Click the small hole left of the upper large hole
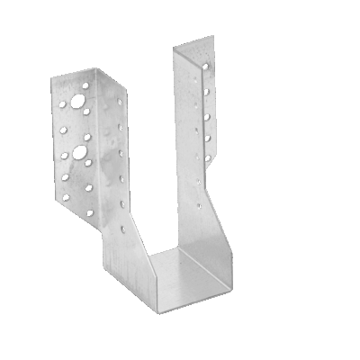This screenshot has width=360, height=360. [x=64, y=103]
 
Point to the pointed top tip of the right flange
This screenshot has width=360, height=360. [x=213, y=38]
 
